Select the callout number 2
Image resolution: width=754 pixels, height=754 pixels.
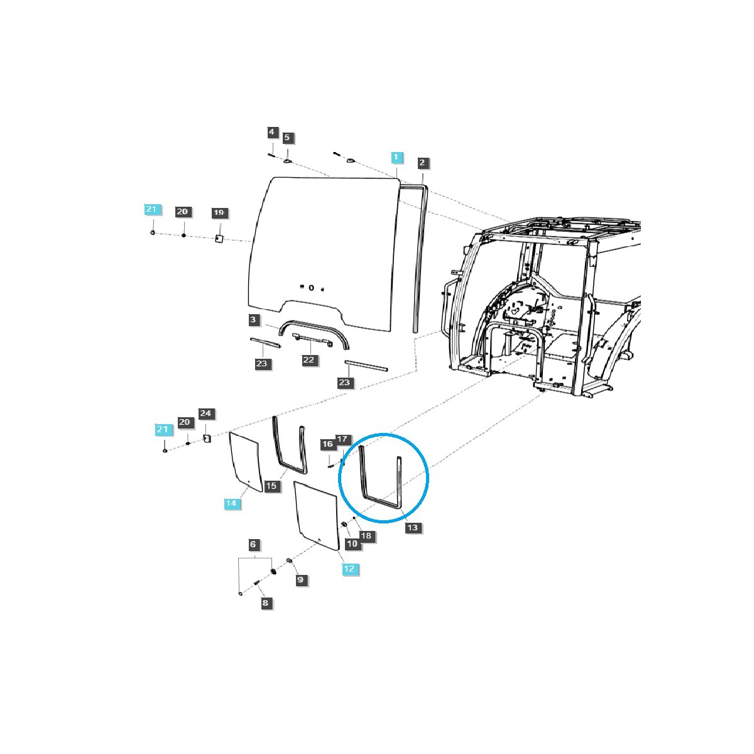422,163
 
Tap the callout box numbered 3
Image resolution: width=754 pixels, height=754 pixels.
253,320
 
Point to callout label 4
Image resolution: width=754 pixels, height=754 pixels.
271,132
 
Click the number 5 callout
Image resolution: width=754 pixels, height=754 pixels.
287,138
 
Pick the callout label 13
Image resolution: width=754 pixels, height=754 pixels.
412,527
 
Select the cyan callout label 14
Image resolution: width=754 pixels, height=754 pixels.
231,503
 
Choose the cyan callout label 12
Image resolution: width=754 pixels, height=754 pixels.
349,569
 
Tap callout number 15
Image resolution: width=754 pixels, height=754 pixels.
271,486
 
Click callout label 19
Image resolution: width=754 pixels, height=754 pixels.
218,213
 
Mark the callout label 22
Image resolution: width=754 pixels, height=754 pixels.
309,360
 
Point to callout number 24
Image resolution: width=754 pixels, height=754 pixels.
205,413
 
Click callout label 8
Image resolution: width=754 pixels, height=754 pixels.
265,603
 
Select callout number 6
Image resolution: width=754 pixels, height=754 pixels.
253,544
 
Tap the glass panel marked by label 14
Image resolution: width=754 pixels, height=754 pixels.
246,462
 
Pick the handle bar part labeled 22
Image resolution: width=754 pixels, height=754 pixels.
312,339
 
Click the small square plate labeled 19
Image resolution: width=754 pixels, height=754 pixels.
219,238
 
